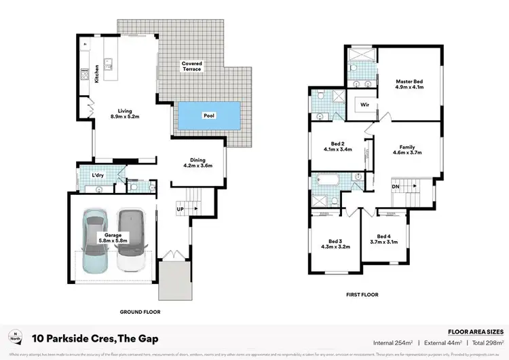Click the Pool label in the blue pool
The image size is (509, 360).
point(209,116)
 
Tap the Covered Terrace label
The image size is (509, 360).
point(191,67)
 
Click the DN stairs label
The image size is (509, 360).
point(396,186)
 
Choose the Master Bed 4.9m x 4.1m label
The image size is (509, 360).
point(409,84)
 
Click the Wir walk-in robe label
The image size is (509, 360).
point(364,105)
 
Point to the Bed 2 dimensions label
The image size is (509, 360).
point(337,146)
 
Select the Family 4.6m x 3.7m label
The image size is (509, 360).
point(407,150)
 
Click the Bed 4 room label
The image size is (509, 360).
point(383,239)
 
